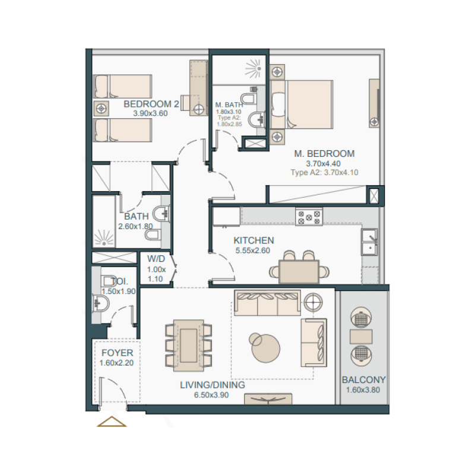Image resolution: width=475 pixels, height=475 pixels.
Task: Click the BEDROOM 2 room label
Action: click(x=151, y=104)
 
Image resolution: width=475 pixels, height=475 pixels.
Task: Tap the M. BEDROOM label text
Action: click(x=324, y=154)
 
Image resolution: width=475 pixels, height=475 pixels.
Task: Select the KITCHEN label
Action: click(x=254, y=240)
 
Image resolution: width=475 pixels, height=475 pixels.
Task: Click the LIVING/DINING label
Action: click(x=213, y=385)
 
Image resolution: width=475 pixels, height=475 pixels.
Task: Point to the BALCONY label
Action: click(x=363, y=380)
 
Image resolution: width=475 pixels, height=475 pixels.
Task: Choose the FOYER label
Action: click(x=116, y=353)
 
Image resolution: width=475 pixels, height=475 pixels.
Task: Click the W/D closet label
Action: click(x=156, y=259)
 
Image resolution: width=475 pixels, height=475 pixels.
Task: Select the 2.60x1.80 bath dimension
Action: click(x=136, y=226)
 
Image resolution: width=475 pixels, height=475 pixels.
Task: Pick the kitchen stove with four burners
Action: click(x=309, y=217)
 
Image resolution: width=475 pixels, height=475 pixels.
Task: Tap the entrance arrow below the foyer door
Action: click(x=112, y=422)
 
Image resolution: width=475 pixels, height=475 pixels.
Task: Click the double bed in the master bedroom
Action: click(x=303, y=104)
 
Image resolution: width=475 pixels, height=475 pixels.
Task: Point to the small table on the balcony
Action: click(x=361, y=337)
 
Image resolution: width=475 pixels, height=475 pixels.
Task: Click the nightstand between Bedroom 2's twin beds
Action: click(x=102, y=109)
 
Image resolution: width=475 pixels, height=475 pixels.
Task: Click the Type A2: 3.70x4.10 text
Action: click(x=324, y=173)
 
